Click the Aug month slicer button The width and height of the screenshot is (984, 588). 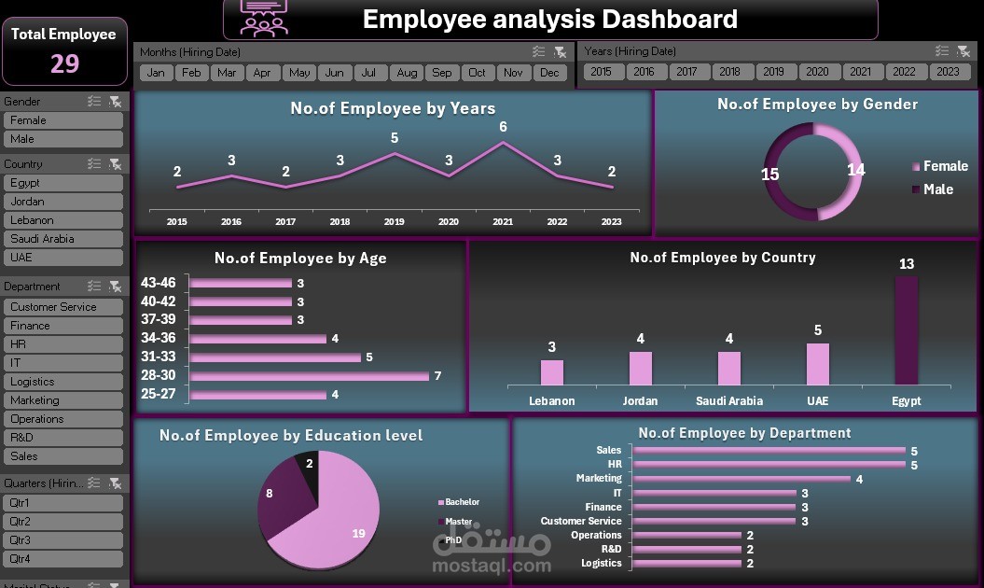pos(407,73)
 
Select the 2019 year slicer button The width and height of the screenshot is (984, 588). pos(772,72)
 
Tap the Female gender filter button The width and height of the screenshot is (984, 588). pos(62,120)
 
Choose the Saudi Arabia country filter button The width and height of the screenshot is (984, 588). pos(62,239)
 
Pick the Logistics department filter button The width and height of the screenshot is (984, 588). pos(62,382)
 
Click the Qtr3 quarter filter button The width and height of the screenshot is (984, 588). pos(62,540)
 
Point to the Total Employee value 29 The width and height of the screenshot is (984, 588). pos(64,63)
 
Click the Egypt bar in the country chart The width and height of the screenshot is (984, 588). pos(906,330)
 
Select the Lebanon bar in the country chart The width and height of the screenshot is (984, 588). pos(552,372)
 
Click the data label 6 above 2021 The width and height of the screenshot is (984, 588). pos(503,127)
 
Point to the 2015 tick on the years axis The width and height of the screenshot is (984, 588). pos(177,222)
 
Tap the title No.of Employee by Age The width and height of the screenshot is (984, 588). pos(300,259)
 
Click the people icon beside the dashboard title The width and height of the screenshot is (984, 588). pos(265,17)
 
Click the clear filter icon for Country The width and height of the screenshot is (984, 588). pos(115,164)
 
